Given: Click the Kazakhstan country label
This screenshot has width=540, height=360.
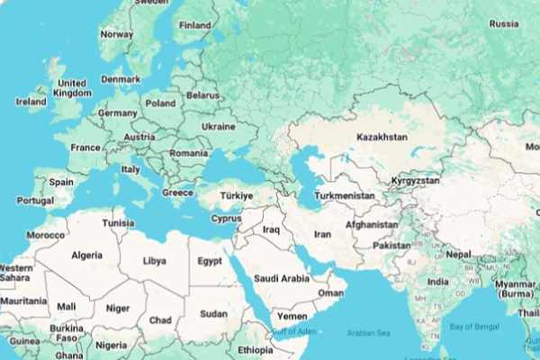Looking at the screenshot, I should (382, 137).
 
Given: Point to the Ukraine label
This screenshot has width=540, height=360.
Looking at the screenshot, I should (218, 127).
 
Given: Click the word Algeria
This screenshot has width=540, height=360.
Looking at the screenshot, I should (87, 255).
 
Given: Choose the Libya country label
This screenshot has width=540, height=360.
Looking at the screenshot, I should (155, 262).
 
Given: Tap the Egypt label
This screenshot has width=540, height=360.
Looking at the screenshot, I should (210, 262).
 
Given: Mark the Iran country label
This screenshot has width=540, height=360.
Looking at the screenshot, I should (322, 234).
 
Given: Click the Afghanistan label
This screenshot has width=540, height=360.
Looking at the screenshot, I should (372, 224).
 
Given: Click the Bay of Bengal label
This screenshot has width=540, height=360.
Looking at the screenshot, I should (474, 326).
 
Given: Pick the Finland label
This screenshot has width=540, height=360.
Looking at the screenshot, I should (195, 25).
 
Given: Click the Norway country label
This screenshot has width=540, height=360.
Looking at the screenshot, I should (116, 34).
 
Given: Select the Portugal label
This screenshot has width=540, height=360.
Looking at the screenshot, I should (35, 201).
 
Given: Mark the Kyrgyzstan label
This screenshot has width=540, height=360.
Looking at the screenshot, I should (416, 181).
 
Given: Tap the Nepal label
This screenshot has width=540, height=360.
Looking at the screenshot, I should (458, 254).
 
